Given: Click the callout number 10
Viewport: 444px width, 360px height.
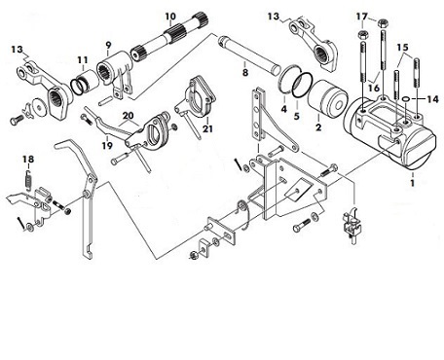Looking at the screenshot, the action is tap(170, 17).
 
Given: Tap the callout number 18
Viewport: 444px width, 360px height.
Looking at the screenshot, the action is tap(28, 160).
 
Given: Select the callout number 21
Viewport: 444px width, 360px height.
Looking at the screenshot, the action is tap(207, 128).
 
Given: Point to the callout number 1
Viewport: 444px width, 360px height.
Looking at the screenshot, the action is tap(413, 183).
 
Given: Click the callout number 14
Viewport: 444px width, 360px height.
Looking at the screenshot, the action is tap(432, 99).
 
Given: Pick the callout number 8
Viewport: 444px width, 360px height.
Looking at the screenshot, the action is tap(245, 72).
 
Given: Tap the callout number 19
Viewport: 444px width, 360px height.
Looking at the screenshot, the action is tap(107, 146).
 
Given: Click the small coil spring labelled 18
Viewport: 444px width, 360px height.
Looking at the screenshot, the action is tap(28, 180).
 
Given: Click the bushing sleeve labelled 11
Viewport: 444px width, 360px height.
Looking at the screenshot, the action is tap(85, 84).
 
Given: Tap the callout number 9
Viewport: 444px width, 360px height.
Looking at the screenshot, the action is tap(108, 46).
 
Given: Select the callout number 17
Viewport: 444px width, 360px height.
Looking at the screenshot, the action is tap(362, 17).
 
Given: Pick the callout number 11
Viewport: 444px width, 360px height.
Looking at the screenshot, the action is tap(83, 60).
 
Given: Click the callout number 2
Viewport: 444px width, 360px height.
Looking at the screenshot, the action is tap(318, 127).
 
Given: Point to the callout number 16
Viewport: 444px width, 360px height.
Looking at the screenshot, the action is tap(374, 88).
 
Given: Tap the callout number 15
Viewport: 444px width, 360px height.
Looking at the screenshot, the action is tap(402, 48).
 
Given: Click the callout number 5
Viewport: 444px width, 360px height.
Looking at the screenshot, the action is tap(296, 116).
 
